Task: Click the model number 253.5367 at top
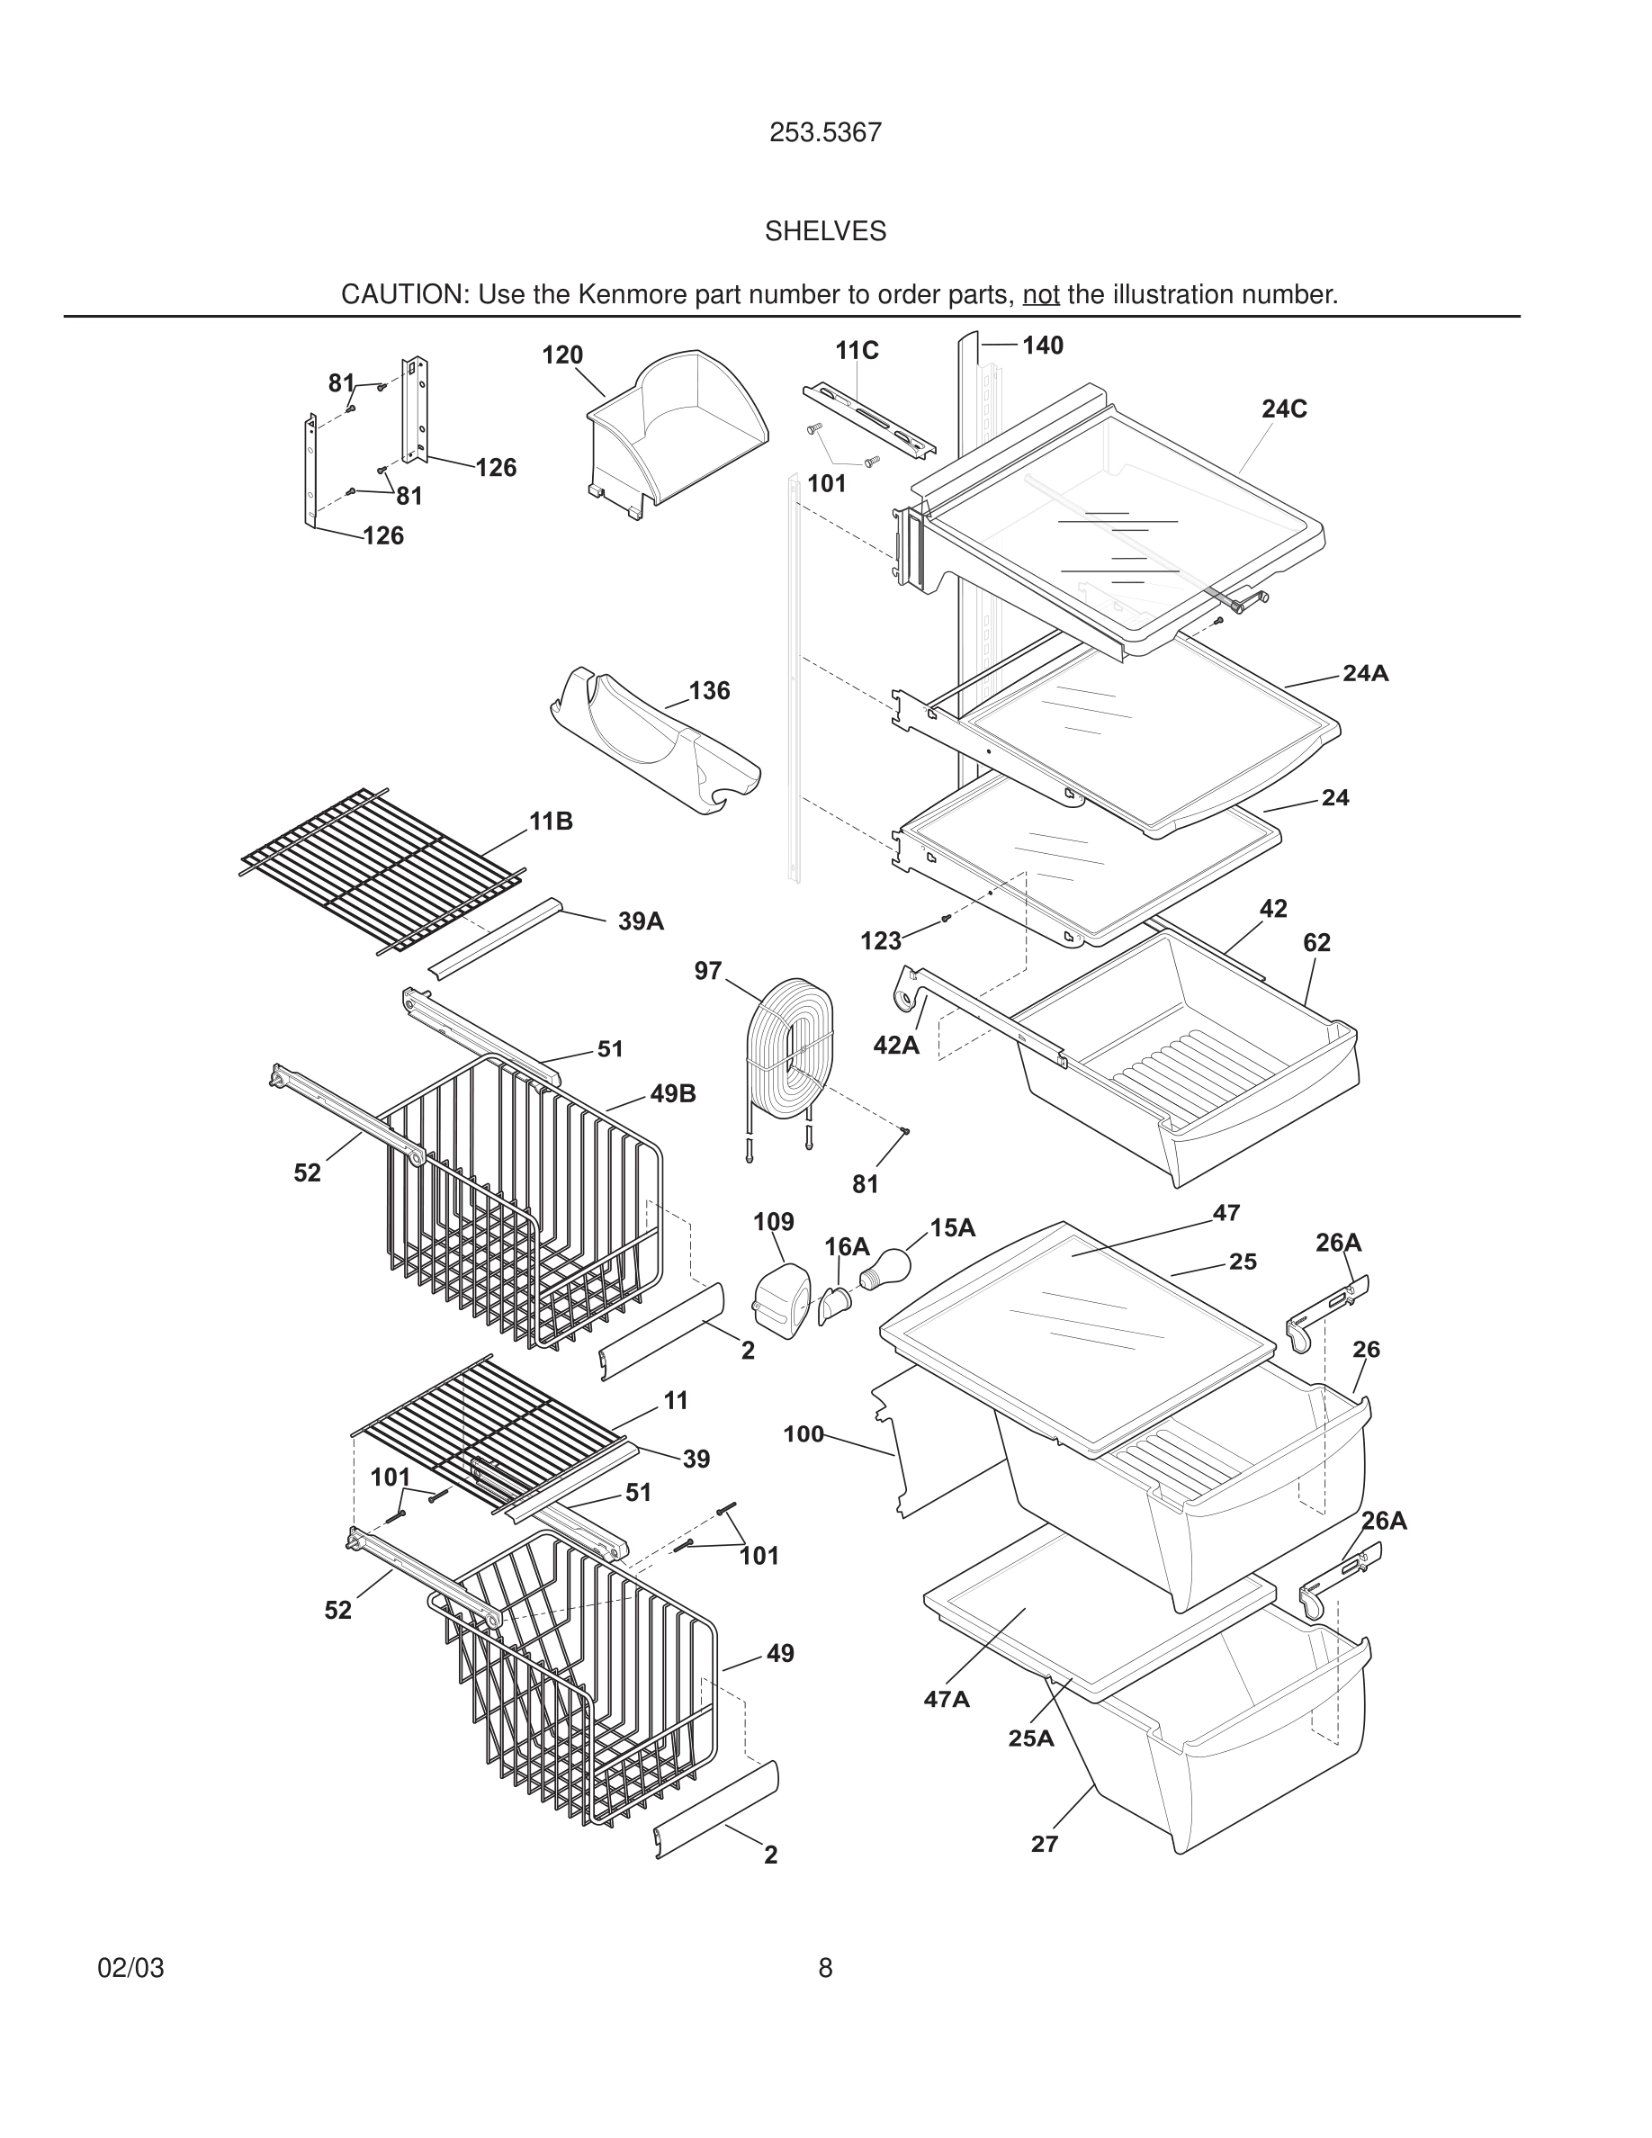(x=825, y=133)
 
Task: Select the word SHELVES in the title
(x=825, y=231)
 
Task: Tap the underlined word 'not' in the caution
(x=1040, y=294)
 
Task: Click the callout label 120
(x=561, y=355)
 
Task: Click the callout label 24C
(x=1283, y=409)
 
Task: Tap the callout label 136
(x=708, y=691)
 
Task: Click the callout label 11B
(x=551, y=822)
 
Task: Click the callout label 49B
(x=672, y=1094)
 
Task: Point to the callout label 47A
(x=947, y=1700)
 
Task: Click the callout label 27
(x=1045, y=1845)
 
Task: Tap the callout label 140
(x=1042, y=346)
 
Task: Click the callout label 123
(x=880, y=942)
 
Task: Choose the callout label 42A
(x=895, y=1046)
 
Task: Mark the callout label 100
(x=803, y=1435)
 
